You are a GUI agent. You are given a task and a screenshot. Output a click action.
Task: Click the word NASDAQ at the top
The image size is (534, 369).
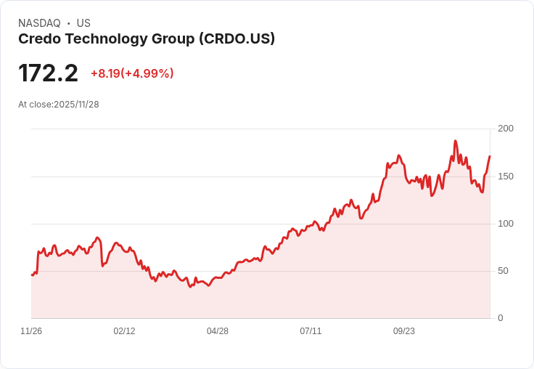tap(39, 23)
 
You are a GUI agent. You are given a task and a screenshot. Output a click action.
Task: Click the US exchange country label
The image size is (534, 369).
tap(83, 23)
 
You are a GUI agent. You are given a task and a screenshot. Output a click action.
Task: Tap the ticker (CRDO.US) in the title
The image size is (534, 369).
tap(237, 39)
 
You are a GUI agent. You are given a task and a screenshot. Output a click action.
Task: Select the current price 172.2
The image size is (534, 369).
tap(48, 73)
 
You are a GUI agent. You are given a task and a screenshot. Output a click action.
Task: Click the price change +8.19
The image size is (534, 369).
tap(105, 73)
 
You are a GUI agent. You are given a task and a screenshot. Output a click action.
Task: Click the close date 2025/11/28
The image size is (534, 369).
tap(76, 105)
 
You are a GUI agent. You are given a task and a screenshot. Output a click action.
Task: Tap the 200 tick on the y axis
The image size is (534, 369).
tap(505, 129)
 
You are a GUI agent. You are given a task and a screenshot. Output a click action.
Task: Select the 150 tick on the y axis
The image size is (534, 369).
tap(505, 177)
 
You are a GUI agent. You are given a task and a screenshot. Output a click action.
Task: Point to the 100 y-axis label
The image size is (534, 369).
tap(505, 224)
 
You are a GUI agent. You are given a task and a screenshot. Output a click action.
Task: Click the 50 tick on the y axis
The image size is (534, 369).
tap(503, 271)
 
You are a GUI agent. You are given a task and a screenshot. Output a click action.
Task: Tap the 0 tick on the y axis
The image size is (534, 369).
tap(500, 318)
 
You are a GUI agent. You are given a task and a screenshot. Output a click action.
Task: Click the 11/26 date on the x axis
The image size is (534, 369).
tap(31, 331)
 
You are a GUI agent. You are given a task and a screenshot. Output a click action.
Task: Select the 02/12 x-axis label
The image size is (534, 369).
tap(124, 331)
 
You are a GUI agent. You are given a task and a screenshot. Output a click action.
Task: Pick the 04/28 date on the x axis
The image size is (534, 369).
tap(218, 331)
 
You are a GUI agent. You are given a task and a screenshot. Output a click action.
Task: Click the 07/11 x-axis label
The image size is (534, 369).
tap(311, 331)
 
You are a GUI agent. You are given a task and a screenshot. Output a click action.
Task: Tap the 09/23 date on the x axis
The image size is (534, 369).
tap(404, 331)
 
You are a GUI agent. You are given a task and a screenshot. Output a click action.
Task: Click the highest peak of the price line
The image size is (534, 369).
tap(455, 141)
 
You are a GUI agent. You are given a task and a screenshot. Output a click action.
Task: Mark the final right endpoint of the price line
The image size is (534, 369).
tap(490, 156)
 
